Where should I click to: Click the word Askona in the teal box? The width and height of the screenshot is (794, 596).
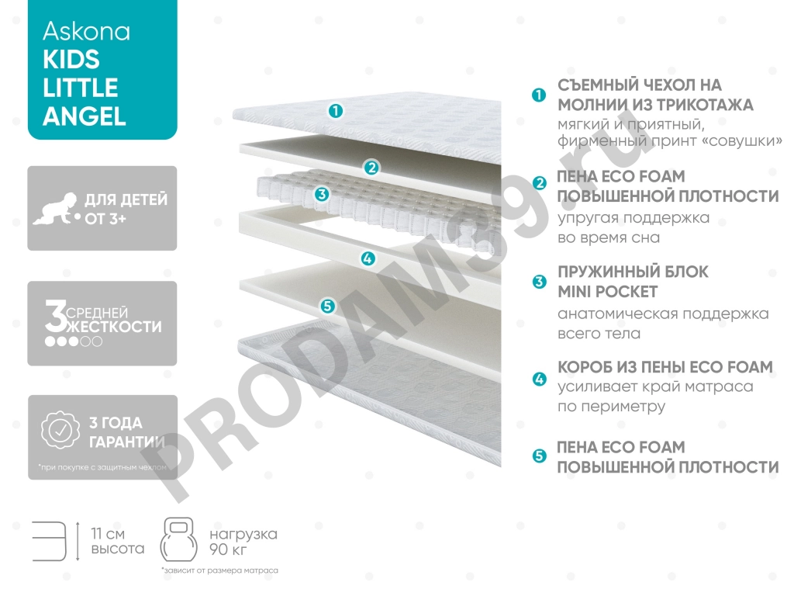click(x=87, y=31)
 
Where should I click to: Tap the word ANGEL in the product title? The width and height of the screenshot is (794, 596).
click(x=85, y=116)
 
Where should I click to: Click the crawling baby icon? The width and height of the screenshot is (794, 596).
click(x=56, y=208)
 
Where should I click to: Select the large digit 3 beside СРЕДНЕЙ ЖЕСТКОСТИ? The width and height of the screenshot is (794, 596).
click(x=55, y=316)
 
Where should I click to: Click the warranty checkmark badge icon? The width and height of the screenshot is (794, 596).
click(x=60, y=431)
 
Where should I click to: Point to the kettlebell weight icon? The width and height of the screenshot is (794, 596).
click(x=178, y=540)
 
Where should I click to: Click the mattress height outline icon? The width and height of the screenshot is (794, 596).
click(x=49, y=541)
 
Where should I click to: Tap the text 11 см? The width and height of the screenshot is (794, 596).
click(x=108, y=534)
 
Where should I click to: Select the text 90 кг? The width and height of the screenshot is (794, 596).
click(x=228, y=549)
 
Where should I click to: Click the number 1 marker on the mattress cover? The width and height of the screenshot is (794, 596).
click(x=335, y=110)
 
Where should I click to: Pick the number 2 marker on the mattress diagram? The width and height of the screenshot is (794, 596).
click(x=371, y=168)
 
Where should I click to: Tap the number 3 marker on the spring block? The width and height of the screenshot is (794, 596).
click(x=322, y=193)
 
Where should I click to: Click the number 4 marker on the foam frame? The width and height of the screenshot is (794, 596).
click(x=368, y=258)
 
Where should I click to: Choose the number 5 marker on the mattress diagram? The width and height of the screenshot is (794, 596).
click(x=328, y=306)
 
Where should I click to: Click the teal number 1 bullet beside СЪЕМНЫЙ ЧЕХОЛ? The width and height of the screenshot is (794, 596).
click(x=539, y=95)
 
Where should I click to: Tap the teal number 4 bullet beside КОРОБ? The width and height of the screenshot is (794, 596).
click(x=540, y=379)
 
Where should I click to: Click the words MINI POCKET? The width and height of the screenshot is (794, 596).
click(x=608, y=292)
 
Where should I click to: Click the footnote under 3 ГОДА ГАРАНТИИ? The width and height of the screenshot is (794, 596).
click(x=102, y=467)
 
